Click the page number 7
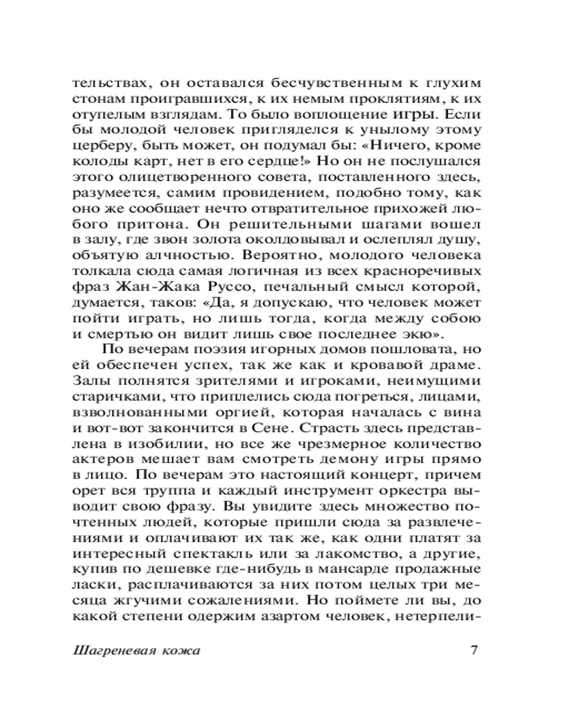475,649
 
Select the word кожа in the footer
181,650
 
